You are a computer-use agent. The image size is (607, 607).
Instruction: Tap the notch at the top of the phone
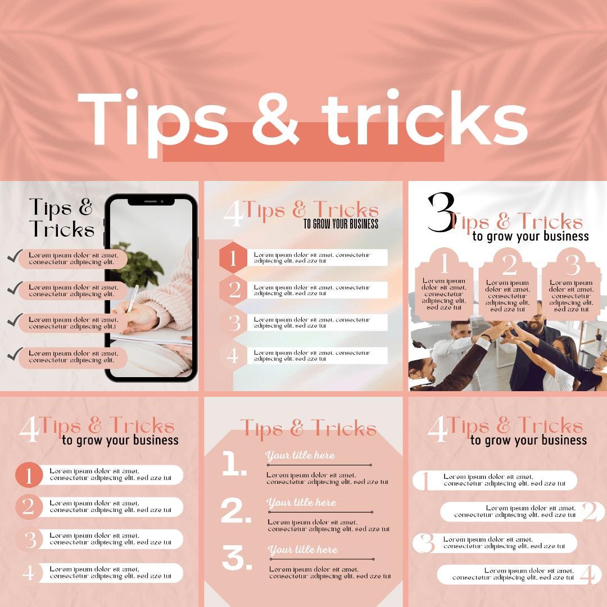click(x=151, y=201)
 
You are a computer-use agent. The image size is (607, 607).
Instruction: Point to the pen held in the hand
click(x=133, y=298)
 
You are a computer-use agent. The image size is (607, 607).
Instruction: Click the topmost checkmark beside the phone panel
click(x=15, y=257)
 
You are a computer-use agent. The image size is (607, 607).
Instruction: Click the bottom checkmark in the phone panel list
click(x=15, y=354)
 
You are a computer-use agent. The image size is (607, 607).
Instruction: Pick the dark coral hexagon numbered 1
click(x=234, y=258)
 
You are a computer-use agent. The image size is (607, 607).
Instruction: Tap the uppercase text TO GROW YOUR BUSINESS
click(x=341, y=224)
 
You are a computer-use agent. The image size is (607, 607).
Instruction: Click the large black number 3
click(x=440, y=214)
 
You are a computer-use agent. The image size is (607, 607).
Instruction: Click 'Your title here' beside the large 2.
click(x=301, y=502)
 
